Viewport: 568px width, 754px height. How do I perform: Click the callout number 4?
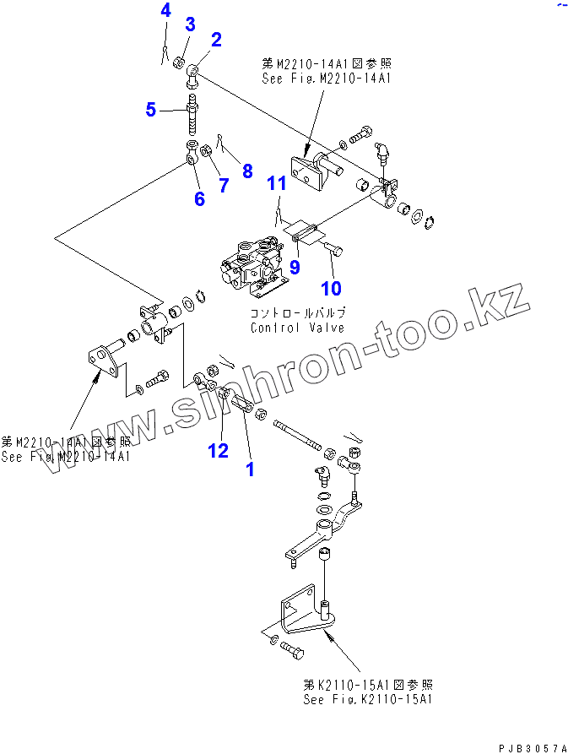165,11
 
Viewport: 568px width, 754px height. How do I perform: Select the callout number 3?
191,24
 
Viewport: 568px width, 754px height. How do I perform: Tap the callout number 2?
216,39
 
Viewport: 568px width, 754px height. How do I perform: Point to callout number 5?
151,109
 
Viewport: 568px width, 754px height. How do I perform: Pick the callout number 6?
199,199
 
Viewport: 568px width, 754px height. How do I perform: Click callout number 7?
224,185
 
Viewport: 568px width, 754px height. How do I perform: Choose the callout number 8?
247,171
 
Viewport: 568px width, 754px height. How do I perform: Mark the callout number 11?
278,182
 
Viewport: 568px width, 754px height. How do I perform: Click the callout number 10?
331,288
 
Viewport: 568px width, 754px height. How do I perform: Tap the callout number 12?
219,450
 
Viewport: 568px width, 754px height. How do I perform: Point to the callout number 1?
250,469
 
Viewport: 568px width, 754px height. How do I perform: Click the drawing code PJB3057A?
533,747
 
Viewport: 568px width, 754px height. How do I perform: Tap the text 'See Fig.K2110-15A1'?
370,700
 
